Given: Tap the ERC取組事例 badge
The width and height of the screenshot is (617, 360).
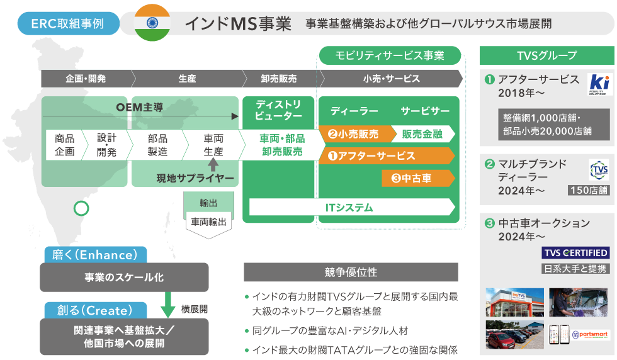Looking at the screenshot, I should (x=69, y=23).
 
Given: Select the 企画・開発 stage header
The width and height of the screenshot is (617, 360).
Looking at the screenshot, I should (x=86, y=79).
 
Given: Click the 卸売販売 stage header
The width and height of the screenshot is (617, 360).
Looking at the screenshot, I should (x=278, y=79).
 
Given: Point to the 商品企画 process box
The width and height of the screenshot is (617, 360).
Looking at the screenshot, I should (x=64, y=145).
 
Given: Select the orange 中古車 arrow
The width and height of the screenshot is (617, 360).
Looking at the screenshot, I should (x=417, y=178).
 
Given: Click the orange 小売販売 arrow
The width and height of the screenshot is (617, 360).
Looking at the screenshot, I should (x=354, y=133).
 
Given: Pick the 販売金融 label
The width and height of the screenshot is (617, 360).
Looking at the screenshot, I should (x=422, y=133).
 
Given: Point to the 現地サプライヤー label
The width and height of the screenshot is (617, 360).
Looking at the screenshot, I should (x=195, y=179).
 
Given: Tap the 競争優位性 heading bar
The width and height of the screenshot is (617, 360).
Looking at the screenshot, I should (x=351, y=273).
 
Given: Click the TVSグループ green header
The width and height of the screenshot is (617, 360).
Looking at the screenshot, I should (x=546, y=55).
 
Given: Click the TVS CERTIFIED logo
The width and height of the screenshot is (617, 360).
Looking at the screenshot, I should (x=575, y=253).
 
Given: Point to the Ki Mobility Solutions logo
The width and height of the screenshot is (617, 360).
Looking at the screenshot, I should (x=597, y=84).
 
